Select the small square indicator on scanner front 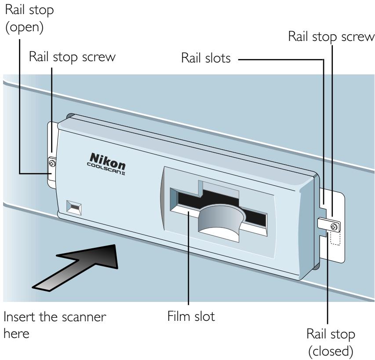point(73,206)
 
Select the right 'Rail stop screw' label point(331,37)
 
